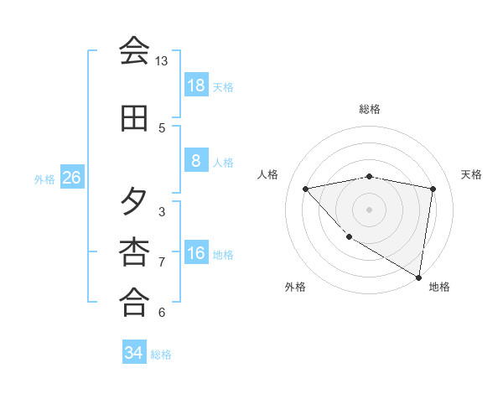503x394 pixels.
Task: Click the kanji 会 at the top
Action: tap(134, 50)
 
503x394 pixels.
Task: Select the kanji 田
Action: tap(134, 119)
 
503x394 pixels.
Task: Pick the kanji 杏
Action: tap(134, 251)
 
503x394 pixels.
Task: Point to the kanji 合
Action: tap(134, 301)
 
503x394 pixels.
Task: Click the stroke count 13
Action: tap(162, 61)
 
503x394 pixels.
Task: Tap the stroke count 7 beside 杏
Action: tap(162, 262)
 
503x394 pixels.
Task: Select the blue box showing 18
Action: tap(195, 86)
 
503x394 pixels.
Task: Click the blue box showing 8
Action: tap(195, 162)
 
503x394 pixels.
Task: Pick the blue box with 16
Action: tap(195, 254)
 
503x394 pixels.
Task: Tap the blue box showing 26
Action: tap(71, 179)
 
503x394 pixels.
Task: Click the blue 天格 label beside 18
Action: tap(223, 86)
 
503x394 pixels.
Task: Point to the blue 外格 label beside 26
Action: tap(44, 179)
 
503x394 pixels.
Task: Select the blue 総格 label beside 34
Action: tap(161, 355)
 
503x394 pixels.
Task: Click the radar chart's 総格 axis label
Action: tap(370, 109)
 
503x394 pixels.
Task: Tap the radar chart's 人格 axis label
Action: tap(268, 174)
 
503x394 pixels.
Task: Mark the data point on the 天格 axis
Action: tap(433, 189)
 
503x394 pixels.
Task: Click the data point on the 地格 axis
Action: tap(417, 277)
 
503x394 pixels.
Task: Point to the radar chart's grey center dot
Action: tap(370, 209)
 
